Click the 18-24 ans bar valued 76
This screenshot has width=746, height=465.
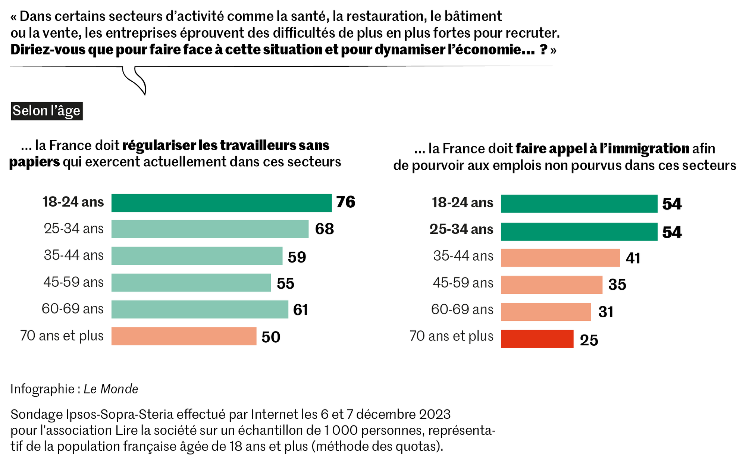pyautogui.click(x=221, y=203)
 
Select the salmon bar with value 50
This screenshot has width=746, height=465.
pyautogui.click(x=184, y=336)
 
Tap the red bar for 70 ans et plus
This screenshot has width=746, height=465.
pyautogui.click(x=537, y=339)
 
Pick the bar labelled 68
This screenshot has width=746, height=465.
pyautogui.click(x=210, y=229)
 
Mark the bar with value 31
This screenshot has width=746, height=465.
pyautogui.click(x=546, y=312)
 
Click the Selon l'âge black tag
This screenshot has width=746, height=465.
pyautogui.click(x=47, y=111)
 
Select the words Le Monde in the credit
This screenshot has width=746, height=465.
pyautogui.click(x=111, y=389)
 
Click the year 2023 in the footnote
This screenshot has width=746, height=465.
pyautogui.click(x=435, y=414)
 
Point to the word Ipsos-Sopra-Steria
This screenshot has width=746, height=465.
pyautogui.click(x=119, y=414)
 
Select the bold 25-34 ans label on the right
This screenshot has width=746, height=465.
pyautogui.click(x=461, y=229)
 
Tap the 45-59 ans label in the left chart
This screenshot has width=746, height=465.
pyautogui.click(x=73, y=282)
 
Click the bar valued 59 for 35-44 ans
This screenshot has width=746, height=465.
pyautogui.click(x=197, y=256)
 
